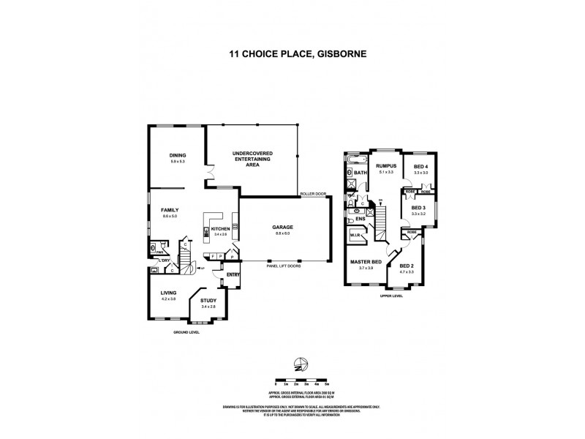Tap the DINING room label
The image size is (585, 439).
click(x=178, y=155)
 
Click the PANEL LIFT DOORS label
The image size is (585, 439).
click(x=284, y=266)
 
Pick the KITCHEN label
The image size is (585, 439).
click(x=221, y=229)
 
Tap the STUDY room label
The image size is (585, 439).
click(x=208, y=300)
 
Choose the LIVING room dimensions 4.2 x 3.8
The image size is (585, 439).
click(x=169, y=299)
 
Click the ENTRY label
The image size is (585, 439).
click(x=233, y=274)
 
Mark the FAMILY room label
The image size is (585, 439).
click(x=170, y=210)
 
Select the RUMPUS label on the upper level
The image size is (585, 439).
click(x=385, y=166)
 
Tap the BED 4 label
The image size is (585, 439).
click(x=420, y=167)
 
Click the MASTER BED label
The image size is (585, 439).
click(x=366, y=262)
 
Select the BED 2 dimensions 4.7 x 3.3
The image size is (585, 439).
click(x=407, y=271)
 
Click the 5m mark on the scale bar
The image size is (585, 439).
click(x=326, y=383)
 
